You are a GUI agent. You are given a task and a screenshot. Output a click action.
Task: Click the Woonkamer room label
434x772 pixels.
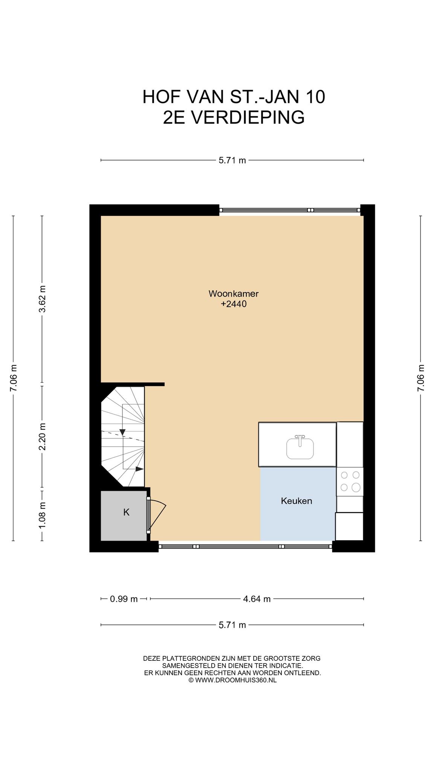[x=234, y=294]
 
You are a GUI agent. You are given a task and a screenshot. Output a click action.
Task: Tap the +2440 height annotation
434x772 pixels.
[x=234, y=304]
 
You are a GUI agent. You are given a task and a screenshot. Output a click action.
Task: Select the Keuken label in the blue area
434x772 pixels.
[x=296, y=501]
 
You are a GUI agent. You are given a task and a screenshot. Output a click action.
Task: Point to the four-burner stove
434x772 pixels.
[x=350, y=481]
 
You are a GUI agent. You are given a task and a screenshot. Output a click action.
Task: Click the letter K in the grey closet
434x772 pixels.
[x=127, y=512]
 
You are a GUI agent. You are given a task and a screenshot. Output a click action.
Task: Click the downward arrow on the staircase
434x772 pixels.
[x=122, y=432]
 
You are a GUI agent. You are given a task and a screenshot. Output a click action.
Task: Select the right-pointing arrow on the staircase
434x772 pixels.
[x=139, y=469]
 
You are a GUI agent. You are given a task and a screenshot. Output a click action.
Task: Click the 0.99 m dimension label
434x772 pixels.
[x=124, y=599]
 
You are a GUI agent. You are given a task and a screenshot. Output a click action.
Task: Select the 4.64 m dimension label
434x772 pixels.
[x=257, y=599]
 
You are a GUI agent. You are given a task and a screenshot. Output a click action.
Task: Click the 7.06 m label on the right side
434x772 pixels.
[x=421, y=378]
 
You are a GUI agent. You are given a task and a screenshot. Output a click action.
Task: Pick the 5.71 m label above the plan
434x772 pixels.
[x=232, y=161]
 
